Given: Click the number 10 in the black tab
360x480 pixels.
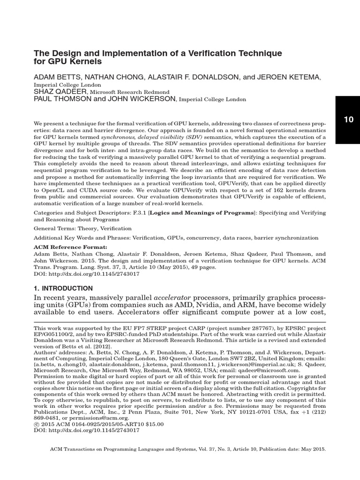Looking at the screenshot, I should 348,119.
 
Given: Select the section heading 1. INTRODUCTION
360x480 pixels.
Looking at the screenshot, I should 63,288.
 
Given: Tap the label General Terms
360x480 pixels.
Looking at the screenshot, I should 54,229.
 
